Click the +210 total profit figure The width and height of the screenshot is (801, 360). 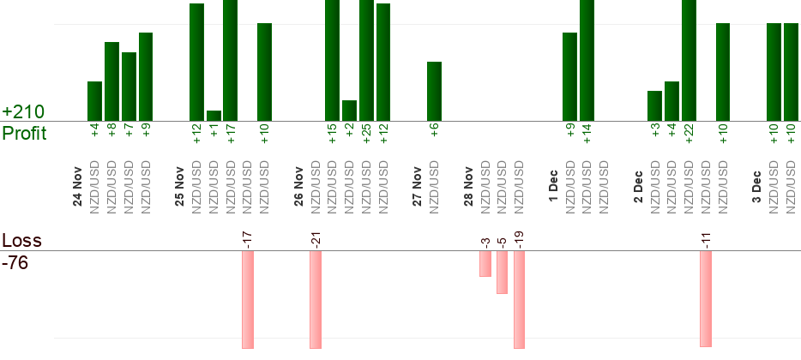tap(23, 112)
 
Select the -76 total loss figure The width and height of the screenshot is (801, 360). tap(15, 262)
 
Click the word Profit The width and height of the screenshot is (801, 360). tap(24, 133)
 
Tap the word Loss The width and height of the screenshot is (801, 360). tap(21, 241)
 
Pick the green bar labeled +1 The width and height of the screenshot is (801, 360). tap(214, 116)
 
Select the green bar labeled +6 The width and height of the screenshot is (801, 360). tap(434, 91)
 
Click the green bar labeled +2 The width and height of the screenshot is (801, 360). tap(349, 111)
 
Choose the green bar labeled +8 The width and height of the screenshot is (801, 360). tap(111, 81)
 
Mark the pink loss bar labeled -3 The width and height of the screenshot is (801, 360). tap(485, 264)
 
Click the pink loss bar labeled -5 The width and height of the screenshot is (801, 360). tap(502, 273)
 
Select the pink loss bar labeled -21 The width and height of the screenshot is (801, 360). tap(316, 300)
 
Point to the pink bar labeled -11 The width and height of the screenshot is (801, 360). tap(706, 298)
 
